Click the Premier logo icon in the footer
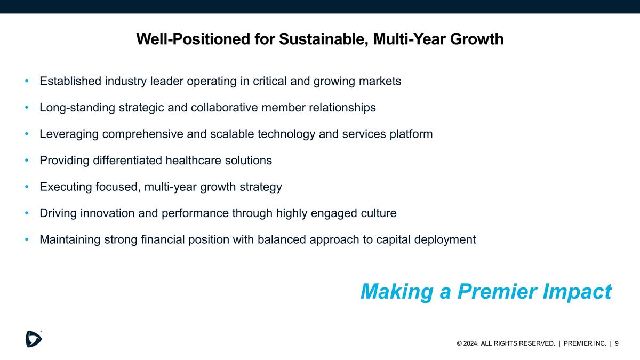click(x=34, y=339)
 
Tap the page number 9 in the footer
click(x=617, y=343)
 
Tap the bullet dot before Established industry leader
click(x=27, y=82)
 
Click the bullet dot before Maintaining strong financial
click(x=27, y=240)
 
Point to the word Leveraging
click(x=69, y=134)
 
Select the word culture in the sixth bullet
click(x=378, y=213)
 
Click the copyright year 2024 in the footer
click(x=471, y=344)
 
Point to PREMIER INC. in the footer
click(x=585, y=344)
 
